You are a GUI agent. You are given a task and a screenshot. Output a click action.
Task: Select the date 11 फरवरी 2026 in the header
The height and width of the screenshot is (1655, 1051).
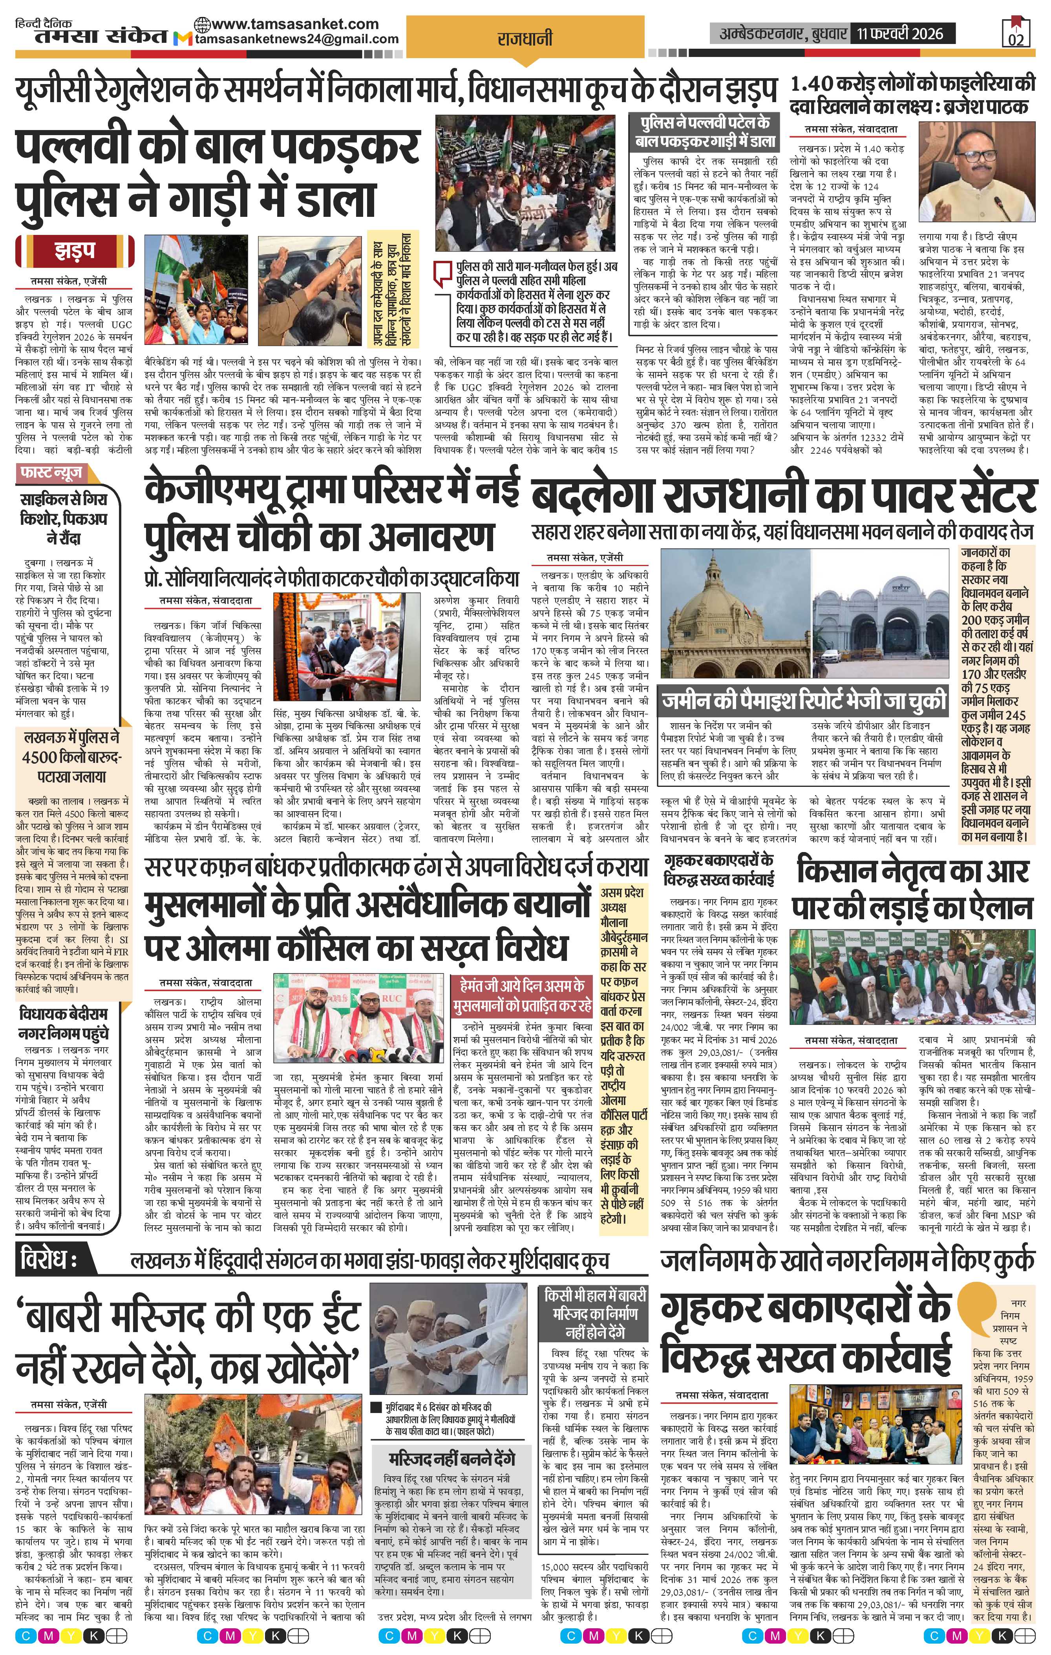[x=900, y=32]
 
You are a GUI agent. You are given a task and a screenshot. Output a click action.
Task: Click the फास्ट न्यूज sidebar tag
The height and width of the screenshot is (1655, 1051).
[x=51, y=473]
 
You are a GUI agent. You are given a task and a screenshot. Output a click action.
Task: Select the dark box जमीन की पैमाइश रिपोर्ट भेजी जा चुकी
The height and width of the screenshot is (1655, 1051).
[x=802, y=702]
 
